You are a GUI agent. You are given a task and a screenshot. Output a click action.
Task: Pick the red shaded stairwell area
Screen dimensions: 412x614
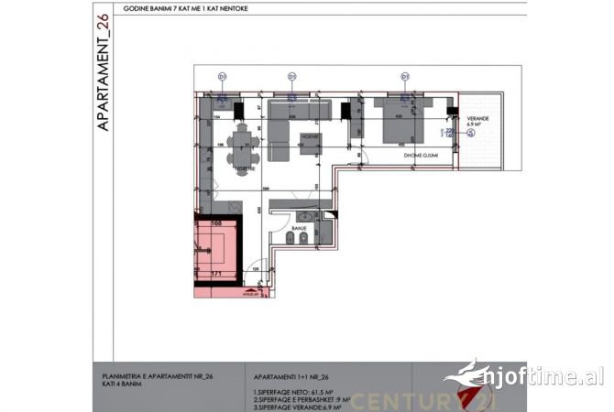click(218, 246)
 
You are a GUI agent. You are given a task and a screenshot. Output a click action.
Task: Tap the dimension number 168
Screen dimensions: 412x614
click(218, 222)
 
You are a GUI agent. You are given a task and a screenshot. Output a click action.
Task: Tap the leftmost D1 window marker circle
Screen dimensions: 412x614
click(222, 76)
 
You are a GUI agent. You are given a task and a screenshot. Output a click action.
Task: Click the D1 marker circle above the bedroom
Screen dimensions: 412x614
click(403, 76)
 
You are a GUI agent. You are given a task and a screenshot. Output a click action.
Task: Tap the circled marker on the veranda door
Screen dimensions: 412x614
click(471, 133)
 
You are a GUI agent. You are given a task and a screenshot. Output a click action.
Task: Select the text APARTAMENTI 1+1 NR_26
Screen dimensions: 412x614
click(292, 376)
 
